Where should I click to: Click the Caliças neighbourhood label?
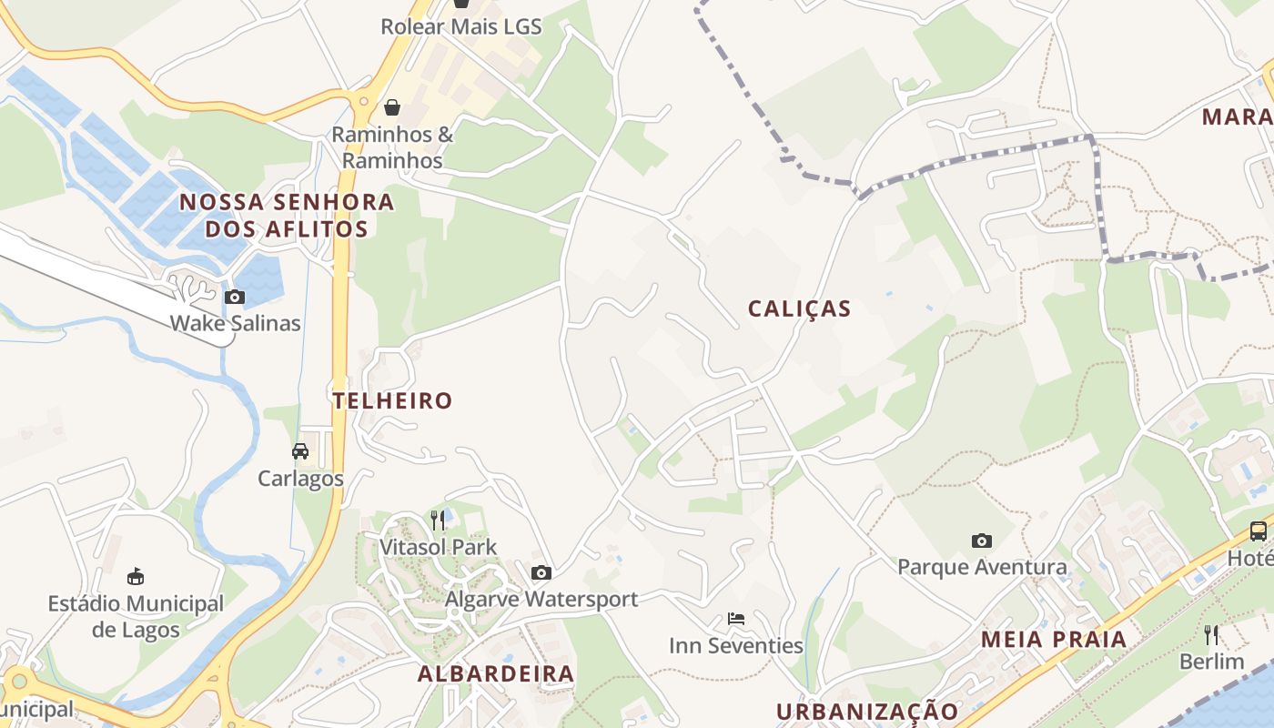point(799,308)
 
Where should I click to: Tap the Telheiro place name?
point(392,400)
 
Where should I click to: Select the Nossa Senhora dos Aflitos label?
point(287,215)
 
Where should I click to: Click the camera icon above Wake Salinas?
point(235,297)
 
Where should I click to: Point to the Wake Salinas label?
point(235,323)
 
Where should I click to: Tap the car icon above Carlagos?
point(300,451)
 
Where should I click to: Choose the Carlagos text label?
point(300,479)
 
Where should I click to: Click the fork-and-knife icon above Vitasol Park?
point(439,520)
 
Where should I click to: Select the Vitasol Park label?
point(439,547)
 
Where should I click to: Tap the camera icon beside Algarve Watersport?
point(541,572)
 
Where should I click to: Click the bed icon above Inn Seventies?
point(736,619)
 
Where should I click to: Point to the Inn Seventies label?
point(736,646)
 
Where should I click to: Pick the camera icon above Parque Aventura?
point(981,541)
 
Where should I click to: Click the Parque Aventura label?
point(982,568)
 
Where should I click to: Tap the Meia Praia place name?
point(1054,639)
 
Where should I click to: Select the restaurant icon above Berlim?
point(1211,634)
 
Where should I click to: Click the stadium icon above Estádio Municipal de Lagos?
point(136,576)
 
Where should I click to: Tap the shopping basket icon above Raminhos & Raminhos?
point(392,107)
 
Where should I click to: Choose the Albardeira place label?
point(496,674)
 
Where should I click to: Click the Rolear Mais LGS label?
point(461,26)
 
